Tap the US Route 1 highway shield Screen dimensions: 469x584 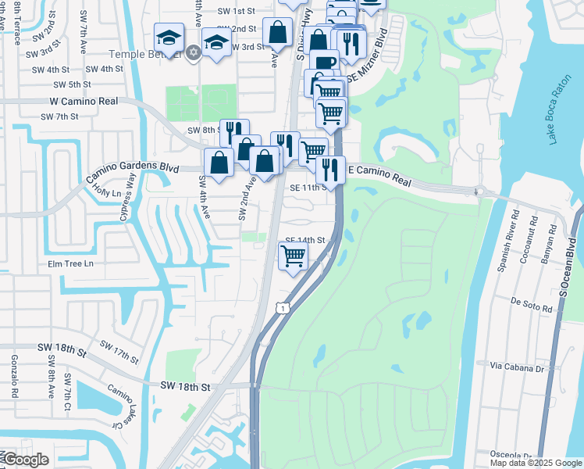tap(280, 310)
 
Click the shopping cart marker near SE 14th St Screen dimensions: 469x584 tap(293, 255)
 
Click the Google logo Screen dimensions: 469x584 tap(25, 460)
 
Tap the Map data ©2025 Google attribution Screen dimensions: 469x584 tap(535, 463)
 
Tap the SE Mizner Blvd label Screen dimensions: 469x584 tap(368, 57)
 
